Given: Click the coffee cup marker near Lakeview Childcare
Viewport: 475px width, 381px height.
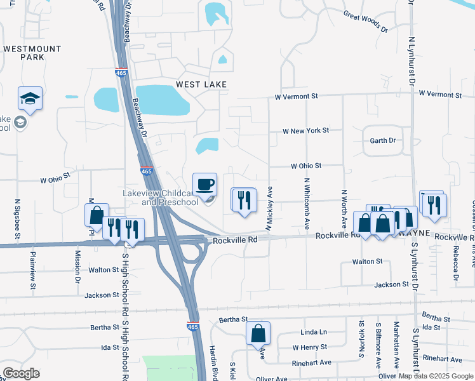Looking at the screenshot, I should click(x=204, y=185).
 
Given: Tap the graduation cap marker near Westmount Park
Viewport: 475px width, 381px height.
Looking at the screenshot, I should click(x=30, y=98).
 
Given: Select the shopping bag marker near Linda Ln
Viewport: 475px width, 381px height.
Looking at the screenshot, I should click(x=258, y=333).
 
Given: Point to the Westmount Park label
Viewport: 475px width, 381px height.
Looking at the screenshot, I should click(x=32, y=53).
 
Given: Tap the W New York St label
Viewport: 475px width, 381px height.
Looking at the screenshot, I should click(x=307, y=130).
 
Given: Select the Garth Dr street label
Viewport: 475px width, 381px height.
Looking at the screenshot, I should click(x=383, y=140).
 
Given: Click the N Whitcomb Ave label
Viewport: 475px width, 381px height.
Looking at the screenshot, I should click(x=307, y=203).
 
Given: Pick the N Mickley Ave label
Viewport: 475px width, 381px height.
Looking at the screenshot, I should click(x=269, y=208).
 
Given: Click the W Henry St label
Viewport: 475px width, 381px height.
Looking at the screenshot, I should click(x=309, y=347).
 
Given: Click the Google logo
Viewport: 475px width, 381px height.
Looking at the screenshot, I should click(x=21, y=373).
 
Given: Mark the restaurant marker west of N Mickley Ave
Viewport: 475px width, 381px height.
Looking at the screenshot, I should click(x=244, y=200).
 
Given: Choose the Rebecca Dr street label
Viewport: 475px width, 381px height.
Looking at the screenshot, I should click(x=455, y=265).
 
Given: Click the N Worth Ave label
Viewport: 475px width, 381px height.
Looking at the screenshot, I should click(x=344, y=210).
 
